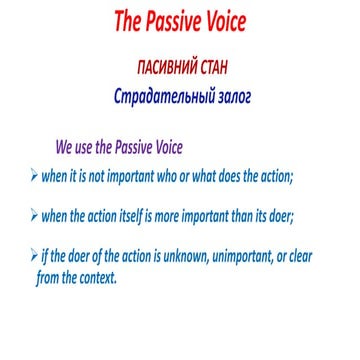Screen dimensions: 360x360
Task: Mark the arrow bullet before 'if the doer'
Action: pos(35,256)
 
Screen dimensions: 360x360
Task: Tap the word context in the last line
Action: pos(98,278)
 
